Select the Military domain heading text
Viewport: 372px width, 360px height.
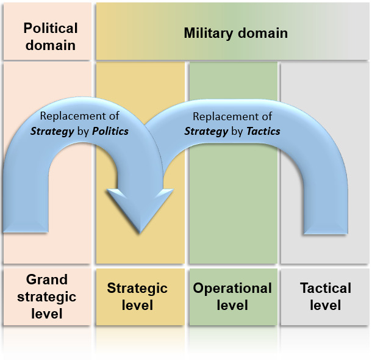click(x=235, y=33)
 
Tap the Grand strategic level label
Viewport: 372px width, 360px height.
click(x=47, y=297)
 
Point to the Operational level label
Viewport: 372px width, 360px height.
click(x=232, y=296)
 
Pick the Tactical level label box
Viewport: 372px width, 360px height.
click(x=325, y=296)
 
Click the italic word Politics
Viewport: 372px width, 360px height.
click(x=110, y=131)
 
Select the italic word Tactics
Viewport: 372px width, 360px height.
click(x=263, y=131)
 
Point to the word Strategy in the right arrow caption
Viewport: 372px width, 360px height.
click(x=204, y=131)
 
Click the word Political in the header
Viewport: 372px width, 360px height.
click(x=51, y=28)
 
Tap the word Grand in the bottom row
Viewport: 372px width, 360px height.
click(x=47, y=279)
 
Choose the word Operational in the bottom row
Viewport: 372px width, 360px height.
click(x=232, y=288)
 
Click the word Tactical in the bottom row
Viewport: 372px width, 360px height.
click(x=326, y=288)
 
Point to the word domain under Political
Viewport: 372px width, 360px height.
click(x=51, y=45)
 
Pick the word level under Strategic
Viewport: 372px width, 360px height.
click(x=137, y=304)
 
